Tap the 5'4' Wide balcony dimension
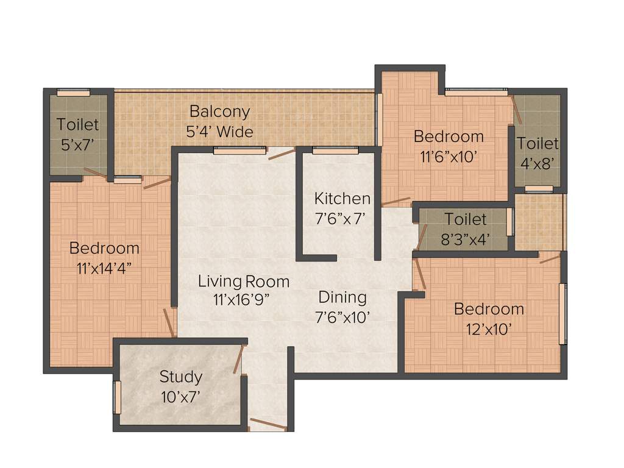[x=219, y=131]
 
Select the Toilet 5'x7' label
[x=77, y=125]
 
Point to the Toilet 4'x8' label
[x=537, y=144]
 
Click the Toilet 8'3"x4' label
[x=465, y=219]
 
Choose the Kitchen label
[x=342, y=199]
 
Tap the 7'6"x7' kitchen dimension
[x=340, y=218]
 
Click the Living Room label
[x=243, y=282]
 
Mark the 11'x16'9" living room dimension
[x=241, y=299]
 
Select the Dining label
[x=342, y=297]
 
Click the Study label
[x=180, y=377]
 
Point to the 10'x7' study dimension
[x=180, y=396]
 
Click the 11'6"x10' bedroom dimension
[x=448, y=156]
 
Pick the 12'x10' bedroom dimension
[x=489, y=329]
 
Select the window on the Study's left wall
[x=118, y=397]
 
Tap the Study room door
[x=238, y=360]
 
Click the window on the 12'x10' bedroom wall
[x=562, y=314]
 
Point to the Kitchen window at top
[x=335, y=150]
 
